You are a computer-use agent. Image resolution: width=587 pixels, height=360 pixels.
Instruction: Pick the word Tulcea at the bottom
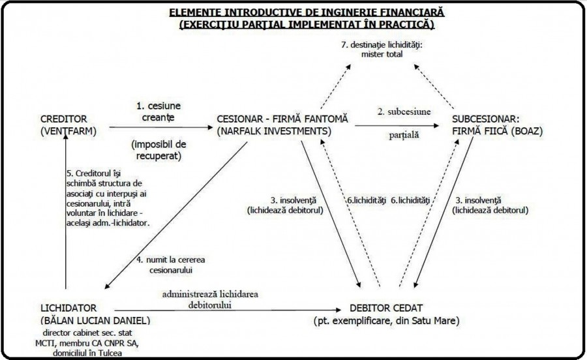pyautogui.click(x=125, y=353)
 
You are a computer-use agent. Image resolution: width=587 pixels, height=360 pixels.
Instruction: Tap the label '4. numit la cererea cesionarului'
pyautogui.click(x=173, y=264)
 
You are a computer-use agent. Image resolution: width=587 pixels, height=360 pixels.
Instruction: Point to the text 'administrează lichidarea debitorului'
pyautogui.click(x=210, y=299)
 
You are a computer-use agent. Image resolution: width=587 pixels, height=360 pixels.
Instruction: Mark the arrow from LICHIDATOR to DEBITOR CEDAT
pyautogui.click(x=228, y=309)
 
